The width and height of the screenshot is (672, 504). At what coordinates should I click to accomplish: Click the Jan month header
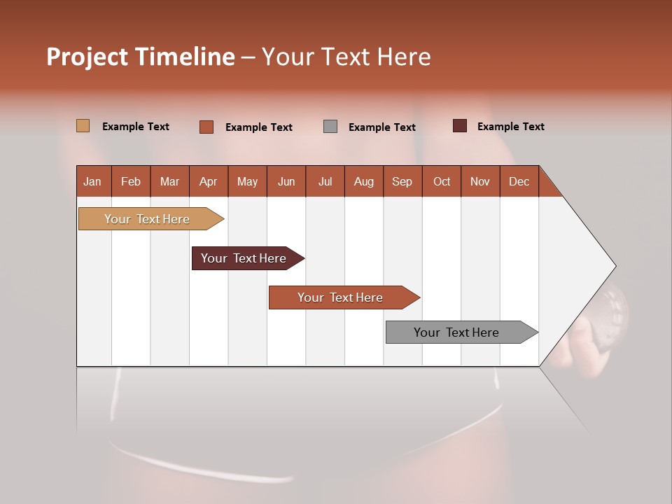[x=92, y=181]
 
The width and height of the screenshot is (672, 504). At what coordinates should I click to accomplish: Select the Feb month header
[x=131, y=181]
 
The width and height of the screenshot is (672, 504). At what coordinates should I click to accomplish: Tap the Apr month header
[x=208, y=181]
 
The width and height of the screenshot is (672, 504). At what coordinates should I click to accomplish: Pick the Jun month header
[x=286, y=181]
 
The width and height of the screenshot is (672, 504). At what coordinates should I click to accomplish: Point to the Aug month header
[x=363, y=181]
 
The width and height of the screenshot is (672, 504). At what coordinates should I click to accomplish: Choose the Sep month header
[x=402, y=181]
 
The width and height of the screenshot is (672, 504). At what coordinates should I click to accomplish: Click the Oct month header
[x=442, y=181]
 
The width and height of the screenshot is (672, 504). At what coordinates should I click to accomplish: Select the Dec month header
[x=519, y=181]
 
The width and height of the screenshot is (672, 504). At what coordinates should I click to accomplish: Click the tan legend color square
[x=83, y=126]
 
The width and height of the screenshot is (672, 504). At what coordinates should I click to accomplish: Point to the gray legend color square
[x=330, y=127]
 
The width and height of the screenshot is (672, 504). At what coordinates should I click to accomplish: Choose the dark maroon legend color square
[x=460, y=126]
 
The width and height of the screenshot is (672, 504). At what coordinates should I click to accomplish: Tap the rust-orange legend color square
[x=206, y=127]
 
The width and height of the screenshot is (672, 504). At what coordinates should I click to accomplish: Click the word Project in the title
[x=87, y=57]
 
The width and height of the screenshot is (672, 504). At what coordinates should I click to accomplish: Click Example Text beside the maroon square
[x=510, y=127]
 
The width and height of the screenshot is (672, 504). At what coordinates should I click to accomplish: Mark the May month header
[x=247, y=181]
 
